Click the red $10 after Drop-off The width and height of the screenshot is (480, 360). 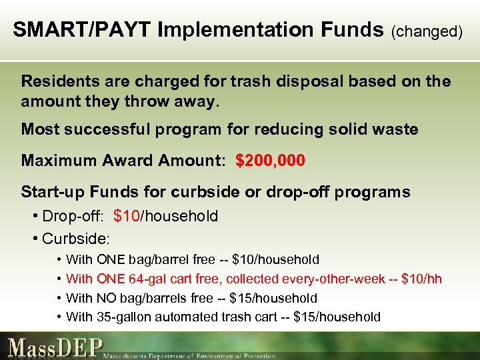tap(127, 216)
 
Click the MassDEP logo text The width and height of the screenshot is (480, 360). tap(56, 347)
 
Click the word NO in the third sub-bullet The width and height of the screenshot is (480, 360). tap(107, 298)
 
